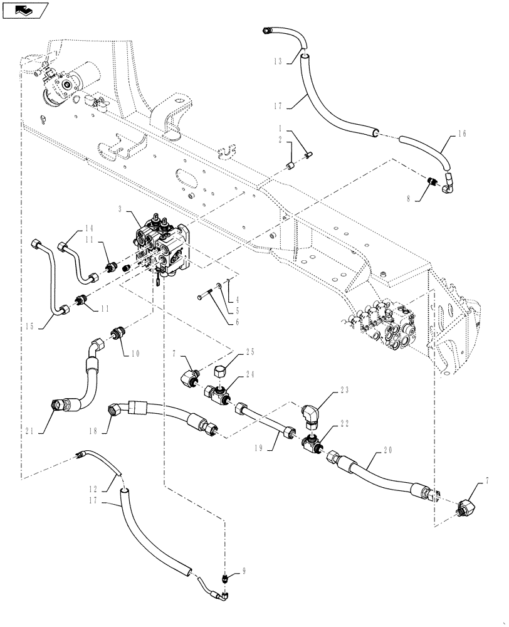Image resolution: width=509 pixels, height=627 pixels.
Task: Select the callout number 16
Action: pos(463,134)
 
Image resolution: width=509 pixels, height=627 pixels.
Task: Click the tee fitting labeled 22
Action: pos(312,444)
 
